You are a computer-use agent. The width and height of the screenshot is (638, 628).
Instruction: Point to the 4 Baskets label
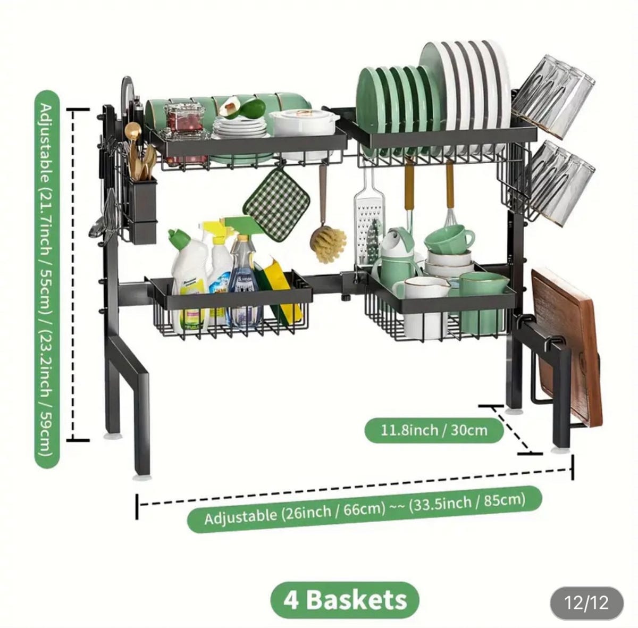[x=345, y=600]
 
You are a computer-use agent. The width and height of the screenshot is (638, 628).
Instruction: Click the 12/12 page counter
[x=586, y=603]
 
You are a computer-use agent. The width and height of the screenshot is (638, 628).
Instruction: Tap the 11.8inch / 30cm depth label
[x=434, y=429]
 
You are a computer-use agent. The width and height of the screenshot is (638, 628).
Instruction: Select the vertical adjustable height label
[x=47, y=279]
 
